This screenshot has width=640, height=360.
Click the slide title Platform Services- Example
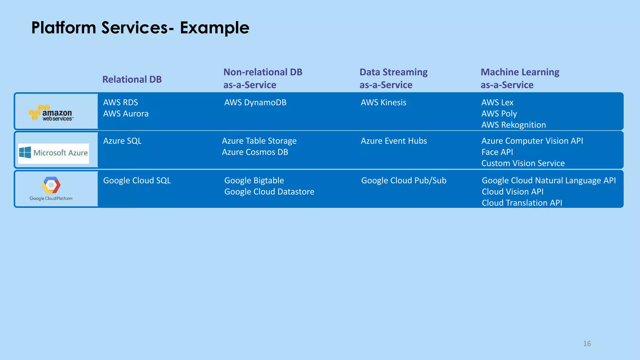click(140, 28)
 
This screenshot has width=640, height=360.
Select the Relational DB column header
click(132, 79)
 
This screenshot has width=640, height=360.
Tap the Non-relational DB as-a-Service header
click(262, 78)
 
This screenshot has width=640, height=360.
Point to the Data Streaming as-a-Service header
click(393, 78)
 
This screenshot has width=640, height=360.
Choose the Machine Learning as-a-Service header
click(519, 78)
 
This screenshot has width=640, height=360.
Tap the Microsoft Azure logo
click(53, 153)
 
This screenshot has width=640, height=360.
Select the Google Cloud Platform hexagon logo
click(51, 185)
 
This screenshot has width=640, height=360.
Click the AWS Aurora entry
click(126, 114)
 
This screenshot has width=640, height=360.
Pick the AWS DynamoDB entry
click(255, 102)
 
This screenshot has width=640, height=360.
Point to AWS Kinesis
click(383, 102)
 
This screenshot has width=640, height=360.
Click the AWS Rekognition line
click(513, 125)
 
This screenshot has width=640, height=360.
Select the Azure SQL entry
click(122, 141)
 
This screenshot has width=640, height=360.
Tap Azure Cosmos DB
click(255, 152)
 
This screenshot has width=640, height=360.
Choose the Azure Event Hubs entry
click(394, 141)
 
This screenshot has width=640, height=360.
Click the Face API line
click(497, 152)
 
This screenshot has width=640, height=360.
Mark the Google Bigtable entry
click(254, 181)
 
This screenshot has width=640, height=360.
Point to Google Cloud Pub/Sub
click(403, 181)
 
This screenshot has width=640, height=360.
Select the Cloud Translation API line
click(522, 203)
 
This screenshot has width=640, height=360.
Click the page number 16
click(587, 344)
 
